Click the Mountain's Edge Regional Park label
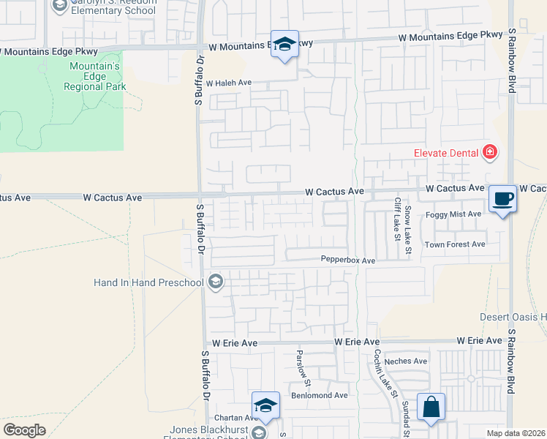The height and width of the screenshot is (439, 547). [94, 76]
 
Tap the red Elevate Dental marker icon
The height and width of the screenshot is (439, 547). [490, 152]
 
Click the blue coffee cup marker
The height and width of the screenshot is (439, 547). [502, 198]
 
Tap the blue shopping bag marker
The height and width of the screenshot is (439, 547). [431, 408]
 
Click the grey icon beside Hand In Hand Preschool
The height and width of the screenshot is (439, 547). [215, 282]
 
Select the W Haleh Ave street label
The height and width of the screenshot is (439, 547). [228, 83]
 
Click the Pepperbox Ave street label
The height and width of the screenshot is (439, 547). [347, 260]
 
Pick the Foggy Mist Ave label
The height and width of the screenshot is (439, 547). [454, 214]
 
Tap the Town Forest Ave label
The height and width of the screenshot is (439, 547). [455, 244]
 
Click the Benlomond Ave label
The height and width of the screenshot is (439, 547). [320, 394]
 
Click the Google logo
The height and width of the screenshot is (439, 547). [24, 429]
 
